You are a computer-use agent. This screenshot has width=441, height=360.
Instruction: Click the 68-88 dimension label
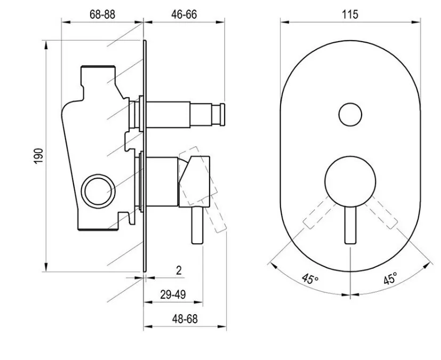102,14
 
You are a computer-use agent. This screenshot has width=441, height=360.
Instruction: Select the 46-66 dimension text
184,14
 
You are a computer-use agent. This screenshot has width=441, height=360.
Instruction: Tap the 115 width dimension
350,14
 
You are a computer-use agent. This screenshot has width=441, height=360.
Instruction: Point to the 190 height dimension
38,156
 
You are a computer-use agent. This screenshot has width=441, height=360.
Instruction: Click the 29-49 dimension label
173,294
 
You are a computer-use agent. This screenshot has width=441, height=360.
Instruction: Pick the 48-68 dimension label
185,319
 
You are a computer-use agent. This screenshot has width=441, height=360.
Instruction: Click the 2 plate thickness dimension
179,270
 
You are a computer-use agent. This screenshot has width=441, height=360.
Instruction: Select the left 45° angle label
310,279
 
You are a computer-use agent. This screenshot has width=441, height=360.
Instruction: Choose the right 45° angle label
391,278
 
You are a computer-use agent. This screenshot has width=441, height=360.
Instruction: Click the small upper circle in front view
350,115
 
